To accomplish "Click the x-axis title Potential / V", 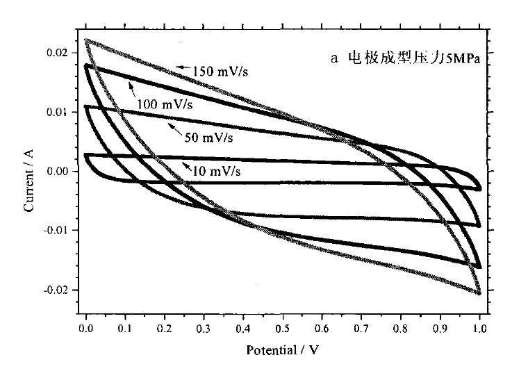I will [282, 349].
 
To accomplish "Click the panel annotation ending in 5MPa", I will [406, 58].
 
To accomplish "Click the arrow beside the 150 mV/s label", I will [182, 67].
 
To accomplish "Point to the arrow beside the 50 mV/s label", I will [174, 130].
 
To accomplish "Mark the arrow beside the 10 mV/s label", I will [188, 165].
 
